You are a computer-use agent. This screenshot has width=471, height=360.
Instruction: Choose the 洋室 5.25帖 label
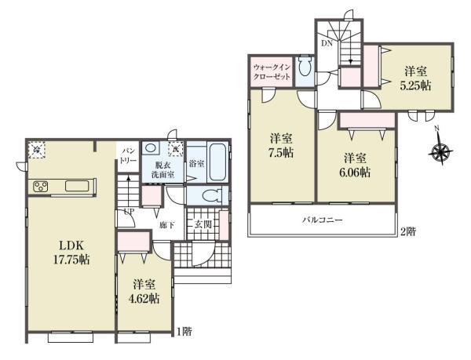point(415,78)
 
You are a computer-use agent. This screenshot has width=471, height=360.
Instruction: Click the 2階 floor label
point(407,231)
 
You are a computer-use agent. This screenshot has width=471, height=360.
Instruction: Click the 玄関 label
point(203,225)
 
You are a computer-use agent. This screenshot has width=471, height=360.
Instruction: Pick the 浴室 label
point(196,164)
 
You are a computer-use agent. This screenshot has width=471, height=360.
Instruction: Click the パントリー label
point(127,154)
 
